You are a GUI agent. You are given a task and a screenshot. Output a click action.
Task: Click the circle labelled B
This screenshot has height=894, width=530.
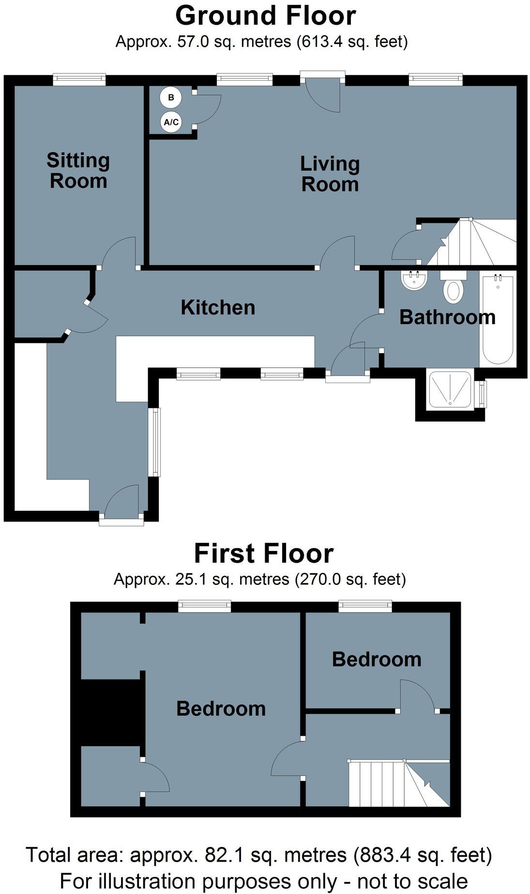pyautogui.click(x=170, y=98)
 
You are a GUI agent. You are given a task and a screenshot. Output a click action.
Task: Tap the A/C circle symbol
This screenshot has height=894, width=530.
pyautogui.click(x=171, y=122)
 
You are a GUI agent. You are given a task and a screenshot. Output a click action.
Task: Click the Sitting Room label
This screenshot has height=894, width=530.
pyautogui.click(x=78, y=171)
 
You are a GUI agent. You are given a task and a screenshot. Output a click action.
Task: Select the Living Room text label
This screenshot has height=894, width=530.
pyautogui.click(x=330, y=174)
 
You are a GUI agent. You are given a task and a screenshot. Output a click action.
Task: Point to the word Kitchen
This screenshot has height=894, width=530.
pyautogui.click(x=218, y=308)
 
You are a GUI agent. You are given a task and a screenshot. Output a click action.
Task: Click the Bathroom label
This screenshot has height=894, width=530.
pyautogui.click(x=447, y=317)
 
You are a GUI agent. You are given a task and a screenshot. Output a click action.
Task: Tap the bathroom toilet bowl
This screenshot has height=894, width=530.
pyautogui.click(x=454, y=290)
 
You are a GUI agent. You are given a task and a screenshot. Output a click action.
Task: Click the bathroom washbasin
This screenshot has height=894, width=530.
pyautogui.click(x=414, y=280)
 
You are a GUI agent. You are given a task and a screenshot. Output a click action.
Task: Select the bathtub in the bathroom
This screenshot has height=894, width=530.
pyautogui.click(x=498, y=319)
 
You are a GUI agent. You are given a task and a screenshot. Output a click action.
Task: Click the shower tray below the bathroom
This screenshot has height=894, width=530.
pyautogui.click(x=450, y=390)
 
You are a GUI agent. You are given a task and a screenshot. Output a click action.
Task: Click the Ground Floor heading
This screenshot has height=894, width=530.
pyautogui.click(x=265, y=15)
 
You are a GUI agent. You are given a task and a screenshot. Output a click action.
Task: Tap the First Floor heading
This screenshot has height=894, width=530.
pyautogui.click(x=264, y=553)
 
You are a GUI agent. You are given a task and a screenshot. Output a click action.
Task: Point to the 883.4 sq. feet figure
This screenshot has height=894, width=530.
pyautogui.click(x=423, y=855)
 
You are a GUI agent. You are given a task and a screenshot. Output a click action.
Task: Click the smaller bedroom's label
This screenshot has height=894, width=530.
pyautogui.click(x=377, y=660)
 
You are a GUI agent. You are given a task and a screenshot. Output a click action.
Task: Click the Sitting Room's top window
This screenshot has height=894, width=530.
pyautogui.click(x=79, y=79)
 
